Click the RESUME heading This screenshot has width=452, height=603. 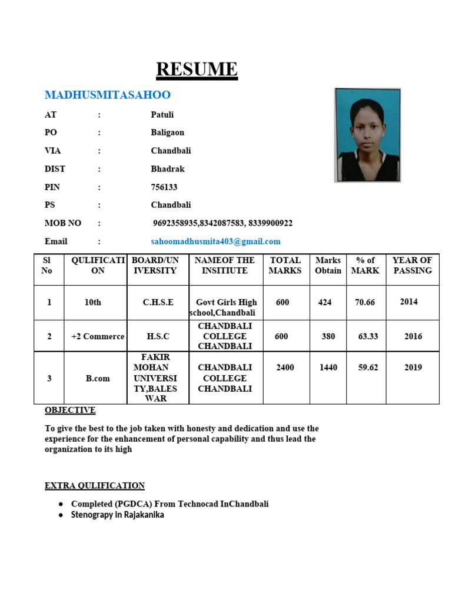tap(197, 69)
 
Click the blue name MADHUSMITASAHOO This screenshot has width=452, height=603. tap(108, 95)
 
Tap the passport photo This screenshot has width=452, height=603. tap(367, 135)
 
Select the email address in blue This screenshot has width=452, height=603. tap(215, 241)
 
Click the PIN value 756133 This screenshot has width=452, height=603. tap(164, 187)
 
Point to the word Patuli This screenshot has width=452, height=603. tap(162, 115)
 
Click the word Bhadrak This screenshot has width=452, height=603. tap(168, 169)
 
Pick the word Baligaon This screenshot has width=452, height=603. tap(167, 133)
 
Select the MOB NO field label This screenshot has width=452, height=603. tap(63, 223)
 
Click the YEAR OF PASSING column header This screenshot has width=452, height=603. tap(412, 266)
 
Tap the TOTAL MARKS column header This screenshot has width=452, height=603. tap(285, 266)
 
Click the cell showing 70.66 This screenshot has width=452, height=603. tap(365, 302)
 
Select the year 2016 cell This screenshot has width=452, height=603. tap(413, 337)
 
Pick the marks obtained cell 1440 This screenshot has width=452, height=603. tap(328, 367)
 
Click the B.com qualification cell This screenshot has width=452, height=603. tap(98, 379)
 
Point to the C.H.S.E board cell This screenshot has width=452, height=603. tap(158, 302)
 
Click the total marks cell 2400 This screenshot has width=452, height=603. tap(285, 367)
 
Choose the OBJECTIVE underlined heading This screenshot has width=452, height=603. tap(70, 410)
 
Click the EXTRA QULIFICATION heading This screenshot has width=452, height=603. tap(95, 486)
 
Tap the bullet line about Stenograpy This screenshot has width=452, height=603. tap(117, 515)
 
